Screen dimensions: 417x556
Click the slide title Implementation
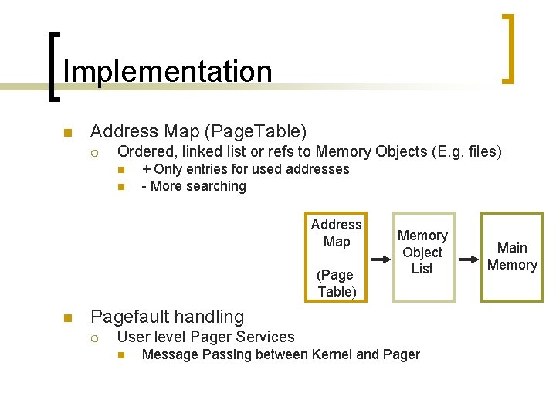pos(168,71)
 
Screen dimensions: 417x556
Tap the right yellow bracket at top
pos(509,48)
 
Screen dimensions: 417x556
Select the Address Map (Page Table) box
pos(336,257)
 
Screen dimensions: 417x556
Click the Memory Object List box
pos(422,256)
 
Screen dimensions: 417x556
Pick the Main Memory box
pos(511,256)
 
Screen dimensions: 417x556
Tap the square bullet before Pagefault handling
pos(67,317)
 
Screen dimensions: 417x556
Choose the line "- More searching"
pos(194,186)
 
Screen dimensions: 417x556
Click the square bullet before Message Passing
pos(120,355)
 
